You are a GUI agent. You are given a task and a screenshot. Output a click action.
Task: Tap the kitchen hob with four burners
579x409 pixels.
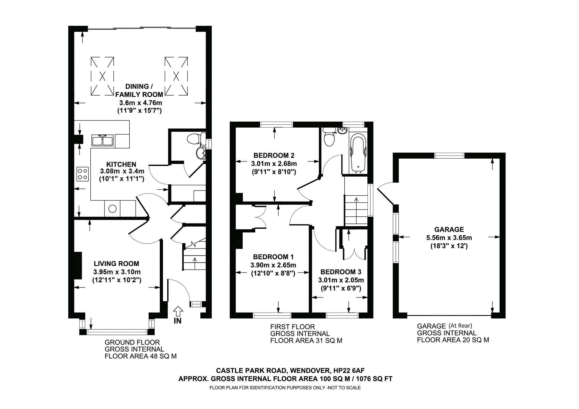pos(83,174)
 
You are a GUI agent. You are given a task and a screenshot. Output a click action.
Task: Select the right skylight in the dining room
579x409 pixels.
pos(176,76)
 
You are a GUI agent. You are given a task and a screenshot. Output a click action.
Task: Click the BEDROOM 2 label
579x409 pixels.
pos(274,155)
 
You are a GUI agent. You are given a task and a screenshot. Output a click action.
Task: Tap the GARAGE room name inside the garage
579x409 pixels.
pos(449,230)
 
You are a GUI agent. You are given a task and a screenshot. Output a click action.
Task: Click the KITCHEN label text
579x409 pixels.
pos(121,164)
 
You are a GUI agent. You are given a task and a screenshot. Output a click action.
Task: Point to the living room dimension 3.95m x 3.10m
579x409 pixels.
pos(117,272)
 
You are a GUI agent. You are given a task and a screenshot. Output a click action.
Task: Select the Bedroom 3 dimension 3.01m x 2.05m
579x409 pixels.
pos(341,280)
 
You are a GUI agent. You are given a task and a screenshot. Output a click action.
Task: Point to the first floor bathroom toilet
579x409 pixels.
pos(329,138)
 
